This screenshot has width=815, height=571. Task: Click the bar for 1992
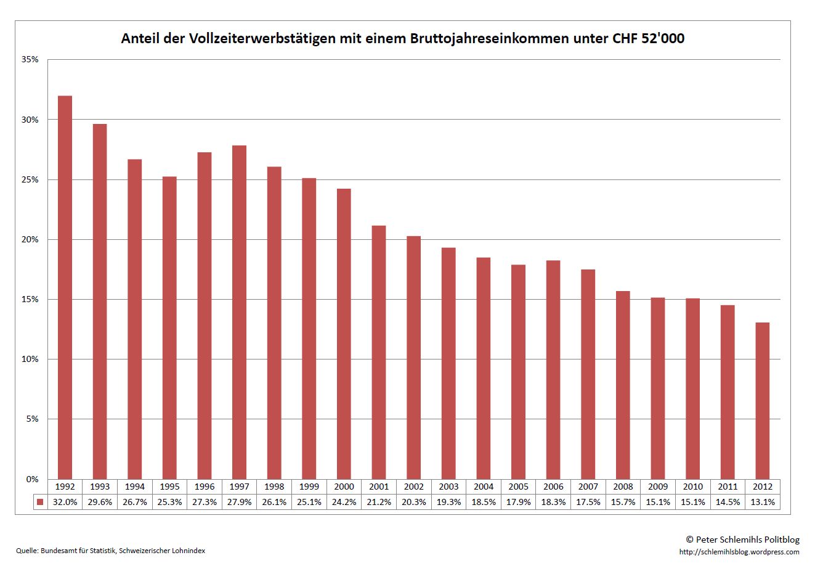(65, 287)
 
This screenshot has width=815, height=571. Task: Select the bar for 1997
(240, 312)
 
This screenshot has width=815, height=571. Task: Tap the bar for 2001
(379, 352)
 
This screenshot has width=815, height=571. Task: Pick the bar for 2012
(763, 401)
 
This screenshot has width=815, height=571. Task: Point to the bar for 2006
(553, 369)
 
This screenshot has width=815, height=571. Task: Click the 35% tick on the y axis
(30, 60)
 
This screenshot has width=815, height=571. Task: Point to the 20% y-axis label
(30, 239)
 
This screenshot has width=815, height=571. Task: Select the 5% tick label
(32, 419)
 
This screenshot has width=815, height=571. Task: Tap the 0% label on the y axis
(32, 479)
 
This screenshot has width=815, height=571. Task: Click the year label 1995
(169, 487)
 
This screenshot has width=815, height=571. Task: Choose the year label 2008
(623, 487)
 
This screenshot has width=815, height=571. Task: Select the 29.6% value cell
(100, 502)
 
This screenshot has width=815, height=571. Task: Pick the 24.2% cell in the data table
(344, 502)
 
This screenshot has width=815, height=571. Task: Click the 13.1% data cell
(763, 502)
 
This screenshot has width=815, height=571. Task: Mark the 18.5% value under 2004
(484, 502)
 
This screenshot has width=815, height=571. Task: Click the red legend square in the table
(40, 502)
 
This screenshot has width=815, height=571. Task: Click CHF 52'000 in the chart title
(648, 39)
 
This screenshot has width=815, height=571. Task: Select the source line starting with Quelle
(111, 551)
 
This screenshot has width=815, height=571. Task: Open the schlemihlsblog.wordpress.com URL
(739, 552)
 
